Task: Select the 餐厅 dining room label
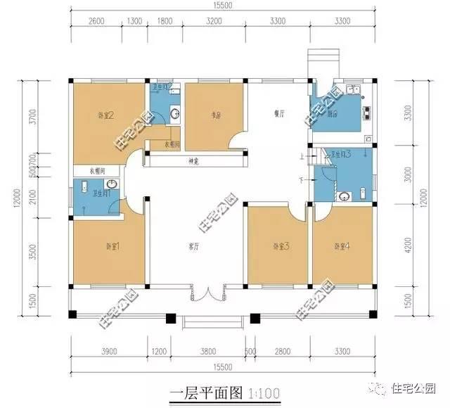(x=278, y=112)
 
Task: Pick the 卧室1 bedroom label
(x=112, y=246)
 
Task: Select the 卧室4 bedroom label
(x=341, y=246)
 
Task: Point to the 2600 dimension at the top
(x=97, y=20)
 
